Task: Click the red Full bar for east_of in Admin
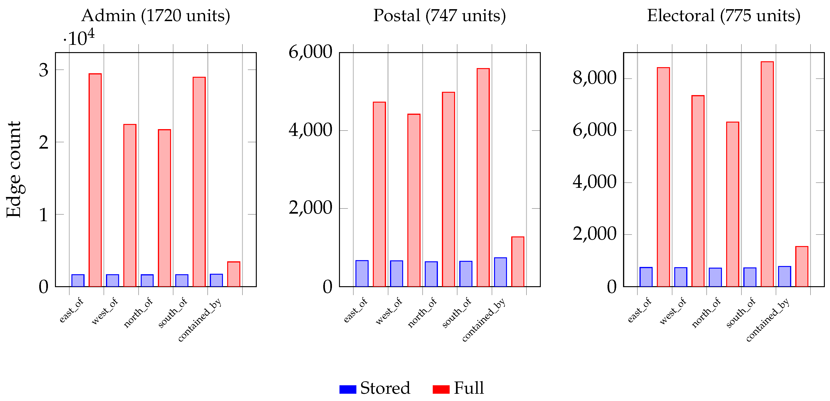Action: (x=95, y=180)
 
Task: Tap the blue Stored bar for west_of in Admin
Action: (x=113, y=281)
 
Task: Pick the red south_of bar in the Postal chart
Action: (x=483, y=177)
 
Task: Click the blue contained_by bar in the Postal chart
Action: (x=500, y=272)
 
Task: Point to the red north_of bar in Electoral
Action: (x=732, y=204)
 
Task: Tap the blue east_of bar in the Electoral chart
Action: (x=646, y=277)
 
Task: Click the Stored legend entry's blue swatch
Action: (x=348, y=389)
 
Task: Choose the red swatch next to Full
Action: (x=441, y=389)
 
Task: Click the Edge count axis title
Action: (x=14, y=170)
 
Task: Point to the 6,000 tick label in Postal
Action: (x=310, y=52)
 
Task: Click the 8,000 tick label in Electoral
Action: (x=594, y=78)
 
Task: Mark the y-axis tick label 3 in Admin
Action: (x=43, y=70)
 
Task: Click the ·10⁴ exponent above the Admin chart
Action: (x=79, y=38)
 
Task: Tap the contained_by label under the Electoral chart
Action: (x=768, y=319)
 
